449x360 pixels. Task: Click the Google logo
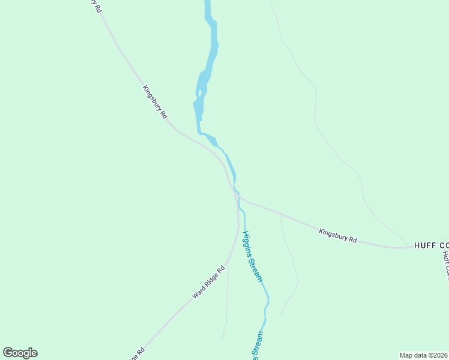pyautogui.click(x=20, y=353)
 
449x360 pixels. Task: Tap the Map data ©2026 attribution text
pyautogui.click(x=424, y=355)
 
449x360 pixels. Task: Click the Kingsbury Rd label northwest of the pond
pyautogui.click(x=154, y=102)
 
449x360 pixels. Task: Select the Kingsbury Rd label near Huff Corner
pyautogui.click(x=338, y=235)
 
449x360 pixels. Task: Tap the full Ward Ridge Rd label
pyautogui.click(x=208, y=283)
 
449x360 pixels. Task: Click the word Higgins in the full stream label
pyautogui.click(x=248, y=248)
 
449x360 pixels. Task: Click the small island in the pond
pyautogui.click(x=200, y=94)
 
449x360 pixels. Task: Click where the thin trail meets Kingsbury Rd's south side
pyautogui.click(x=281, y=214)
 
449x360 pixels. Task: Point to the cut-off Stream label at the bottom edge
pyautogui.click(x=258, y=346)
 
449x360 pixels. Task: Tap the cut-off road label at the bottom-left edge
pyautogui.click(x=136, y=354)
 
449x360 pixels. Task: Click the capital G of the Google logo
pyautogui.click(x=8, y=353)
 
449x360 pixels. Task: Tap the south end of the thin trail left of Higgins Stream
pyautogui.click(x=223, y=339)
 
